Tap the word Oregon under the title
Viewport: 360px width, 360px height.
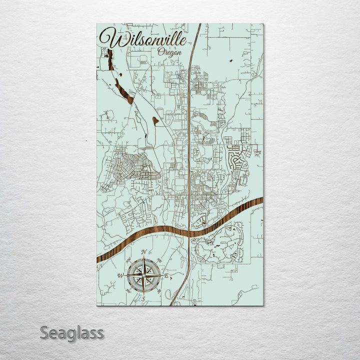(x=169, y=51)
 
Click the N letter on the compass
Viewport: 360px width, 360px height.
(x=144, y=252)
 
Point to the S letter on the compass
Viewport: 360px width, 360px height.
(x=143, y=299)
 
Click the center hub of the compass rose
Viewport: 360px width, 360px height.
(x=143, y=275)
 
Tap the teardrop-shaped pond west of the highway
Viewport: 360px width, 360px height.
(x=155, y=120)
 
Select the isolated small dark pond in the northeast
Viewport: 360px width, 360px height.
(x=230, y=61)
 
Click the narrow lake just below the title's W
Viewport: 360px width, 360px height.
(x=109, y=59)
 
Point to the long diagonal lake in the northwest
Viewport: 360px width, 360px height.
(x=123, y=90)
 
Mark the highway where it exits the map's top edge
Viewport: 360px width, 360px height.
(x=199, y=25)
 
